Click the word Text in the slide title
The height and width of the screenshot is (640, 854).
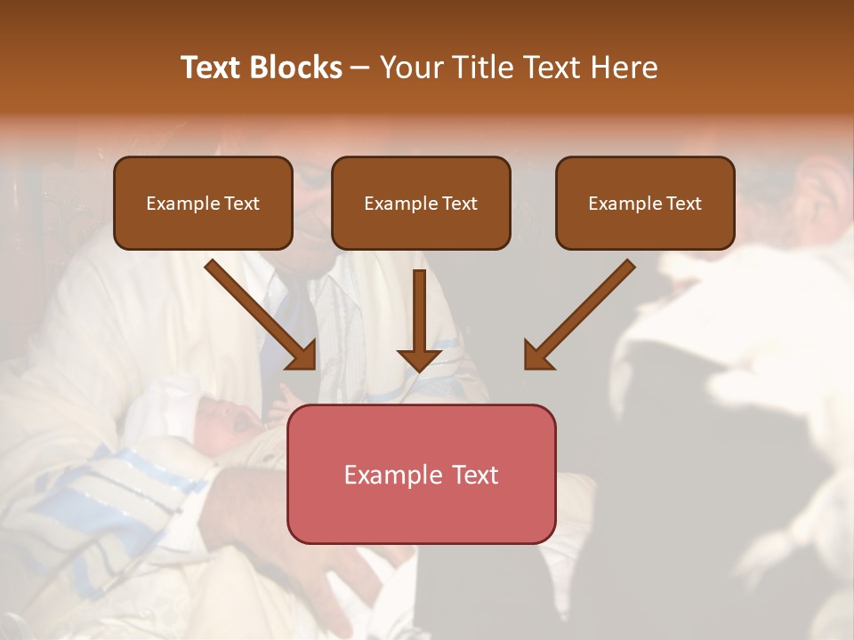click(x=210, y=68)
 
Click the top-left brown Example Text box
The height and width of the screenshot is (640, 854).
click(x=203, y=203)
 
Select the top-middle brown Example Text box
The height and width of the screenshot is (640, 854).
click(x=421, y=203)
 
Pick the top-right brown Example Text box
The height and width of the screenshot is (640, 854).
click(x=645, y=203)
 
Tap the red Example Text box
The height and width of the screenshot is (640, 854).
click(x=421, y=474)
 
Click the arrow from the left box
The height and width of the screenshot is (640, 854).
click(x=258, y=311)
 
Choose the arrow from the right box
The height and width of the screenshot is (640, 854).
click(x=583, y=311)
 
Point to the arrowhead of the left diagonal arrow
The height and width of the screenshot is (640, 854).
click(x=302, y=355)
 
